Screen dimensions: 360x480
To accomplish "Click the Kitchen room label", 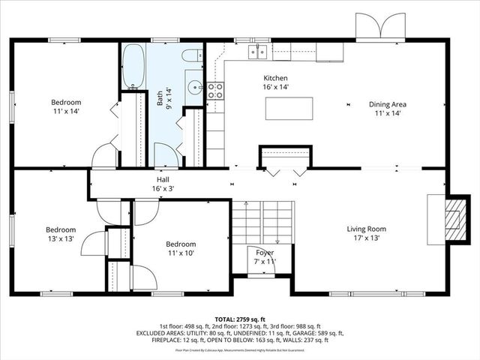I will click(275, 82).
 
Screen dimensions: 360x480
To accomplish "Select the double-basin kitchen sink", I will click(259, 52).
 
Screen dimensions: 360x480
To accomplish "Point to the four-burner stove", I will click(215, 91).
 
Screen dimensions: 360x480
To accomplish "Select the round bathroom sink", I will click(194, 86).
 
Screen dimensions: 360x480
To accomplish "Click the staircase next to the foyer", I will click(259, 221).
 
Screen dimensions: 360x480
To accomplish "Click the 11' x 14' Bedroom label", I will click(66, 106).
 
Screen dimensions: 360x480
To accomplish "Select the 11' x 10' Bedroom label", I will click(181, 249).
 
